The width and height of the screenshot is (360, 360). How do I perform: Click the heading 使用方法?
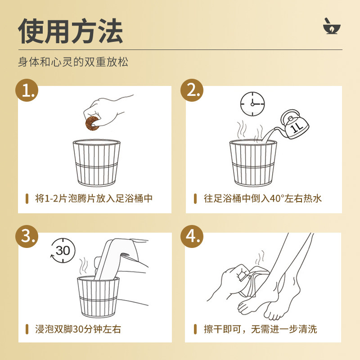[x=71, y=31]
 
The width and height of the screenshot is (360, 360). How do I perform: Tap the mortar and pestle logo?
[x=332, y=26]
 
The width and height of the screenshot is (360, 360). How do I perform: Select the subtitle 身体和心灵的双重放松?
[x=73, y=62]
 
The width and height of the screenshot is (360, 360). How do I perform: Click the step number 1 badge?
[x=27, y=90]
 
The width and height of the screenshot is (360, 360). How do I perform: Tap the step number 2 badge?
[x=192, y=90]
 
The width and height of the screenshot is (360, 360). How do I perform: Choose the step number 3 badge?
[x=27, y=237]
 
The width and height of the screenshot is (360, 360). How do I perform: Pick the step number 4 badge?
[x=192, y=237]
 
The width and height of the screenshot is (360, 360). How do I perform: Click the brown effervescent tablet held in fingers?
[x=92, y=123]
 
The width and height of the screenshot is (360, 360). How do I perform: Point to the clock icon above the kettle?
[x=252, y=104]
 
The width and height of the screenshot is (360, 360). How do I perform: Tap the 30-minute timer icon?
[x=63, y=251]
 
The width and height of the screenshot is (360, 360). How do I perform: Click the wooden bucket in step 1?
[x=96, y=162]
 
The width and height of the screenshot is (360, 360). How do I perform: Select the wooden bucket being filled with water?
[x=253, y=162]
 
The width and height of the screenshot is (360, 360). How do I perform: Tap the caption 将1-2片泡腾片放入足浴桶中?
[x=94, y=198]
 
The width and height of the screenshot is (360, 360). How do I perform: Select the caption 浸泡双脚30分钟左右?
[x=78, y=329]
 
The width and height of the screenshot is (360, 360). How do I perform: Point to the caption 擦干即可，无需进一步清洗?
[x=261, y=329]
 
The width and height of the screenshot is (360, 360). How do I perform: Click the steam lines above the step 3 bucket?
[x=83, y=266]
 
